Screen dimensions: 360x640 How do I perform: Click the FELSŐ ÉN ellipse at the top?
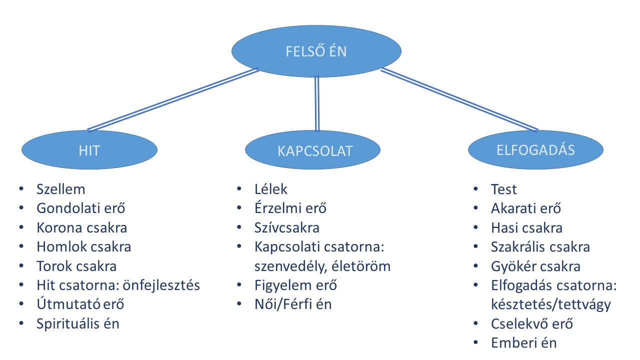coord(316,51)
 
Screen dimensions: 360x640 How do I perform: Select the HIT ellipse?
coord(89,150)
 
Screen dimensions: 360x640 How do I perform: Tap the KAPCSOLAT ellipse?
coord(315,150)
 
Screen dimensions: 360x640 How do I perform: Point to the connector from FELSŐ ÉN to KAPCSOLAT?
coord(316,102)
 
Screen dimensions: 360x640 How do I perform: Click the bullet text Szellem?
coord(61,189)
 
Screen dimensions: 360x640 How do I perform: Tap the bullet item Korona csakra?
coord(82,228)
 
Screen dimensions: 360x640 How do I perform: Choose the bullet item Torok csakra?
coord(76,266)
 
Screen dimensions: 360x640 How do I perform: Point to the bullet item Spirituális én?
coord(78,323)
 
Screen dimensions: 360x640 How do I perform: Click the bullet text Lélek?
coord(271,189)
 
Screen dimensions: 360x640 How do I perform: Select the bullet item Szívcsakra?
coord(286,228)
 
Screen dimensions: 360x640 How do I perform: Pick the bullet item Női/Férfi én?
coord(293,304)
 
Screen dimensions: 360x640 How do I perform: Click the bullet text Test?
coord(504,189)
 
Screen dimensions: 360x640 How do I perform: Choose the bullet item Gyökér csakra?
coord(536,266)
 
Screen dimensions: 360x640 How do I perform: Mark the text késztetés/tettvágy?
coord(551,304)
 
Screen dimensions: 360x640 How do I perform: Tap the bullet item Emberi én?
coord(524,342)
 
